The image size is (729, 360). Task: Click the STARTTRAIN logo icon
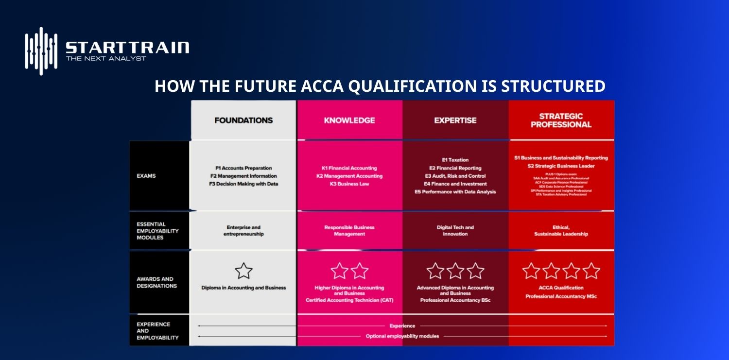click(x=41, y=51)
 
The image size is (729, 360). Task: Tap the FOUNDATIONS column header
click(x=243, y=120)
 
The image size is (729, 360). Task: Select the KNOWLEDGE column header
click(x=349, y=120)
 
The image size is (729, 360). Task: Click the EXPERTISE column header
click(x=455, y=120)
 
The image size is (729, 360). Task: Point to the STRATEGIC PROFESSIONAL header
click(x=561, y=120)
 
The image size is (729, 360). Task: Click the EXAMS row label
click(x=146, y=176)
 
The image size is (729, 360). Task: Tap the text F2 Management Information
click(x=243, y=176)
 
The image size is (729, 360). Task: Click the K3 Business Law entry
click(x=349, y=184)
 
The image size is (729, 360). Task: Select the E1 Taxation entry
click(x=455, y=160)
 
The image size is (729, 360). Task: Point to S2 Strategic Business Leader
click(x=561, y=166)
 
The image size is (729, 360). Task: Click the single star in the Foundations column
click(x=243, y=271)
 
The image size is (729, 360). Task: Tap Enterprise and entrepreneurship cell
click(x=243, y=231)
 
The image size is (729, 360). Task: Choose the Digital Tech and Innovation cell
click(x=455, y=231)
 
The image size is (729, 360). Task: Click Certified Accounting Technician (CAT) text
click(x=349, y=300)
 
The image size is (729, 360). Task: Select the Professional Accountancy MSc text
click(x=561, y=296)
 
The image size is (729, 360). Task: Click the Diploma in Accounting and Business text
click(x=243, y=288)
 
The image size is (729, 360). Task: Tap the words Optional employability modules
click(x=402, y=336)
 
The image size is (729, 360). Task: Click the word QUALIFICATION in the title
click(x=416, y=86)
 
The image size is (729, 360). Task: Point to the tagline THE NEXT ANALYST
click(x=106, y=59)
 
